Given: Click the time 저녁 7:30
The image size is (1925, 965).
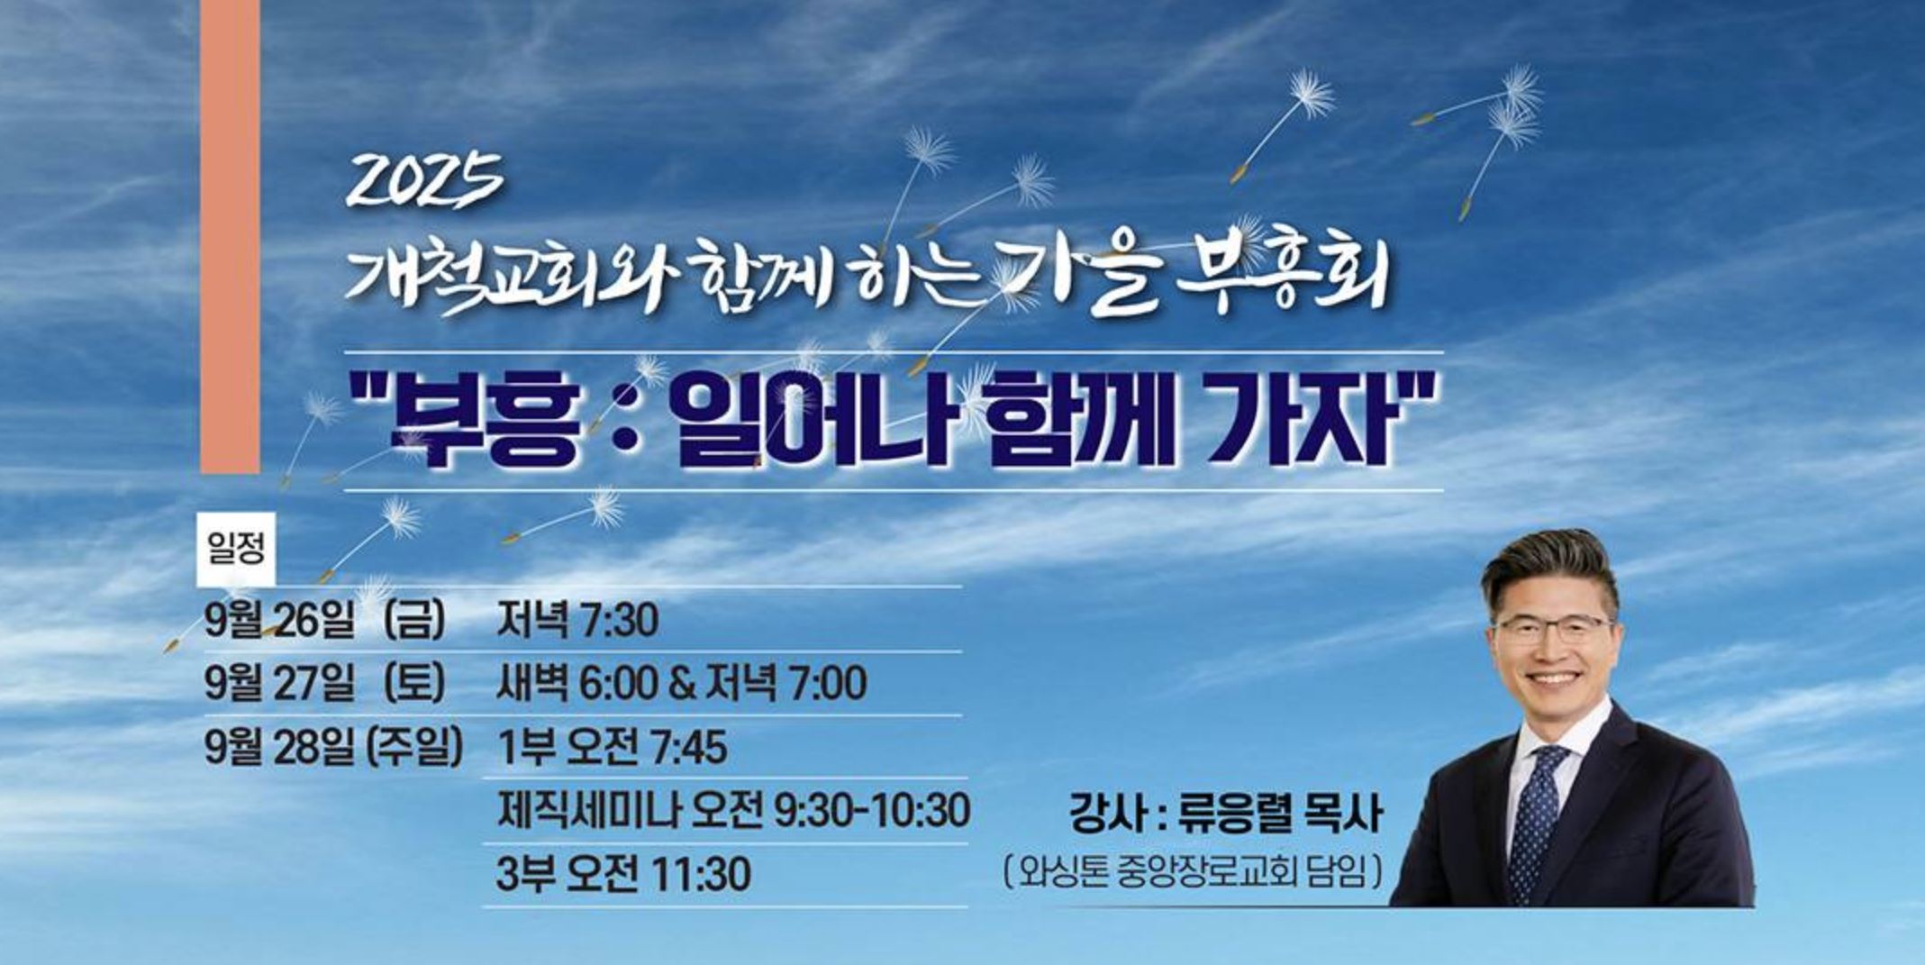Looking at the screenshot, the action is tap(577, 621).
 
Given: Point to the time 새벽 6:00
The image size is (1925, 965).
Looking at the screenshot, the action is tap(577, 684).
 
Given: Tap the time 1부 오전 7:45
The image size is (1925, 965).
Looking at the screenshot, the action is tap(612, 747).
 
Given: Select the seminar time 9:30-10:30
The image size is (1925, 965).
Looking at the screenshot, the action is tap(871, 810).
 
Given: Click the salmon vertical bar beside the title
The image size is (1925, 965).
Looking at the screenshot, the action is tap(230, 236).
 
